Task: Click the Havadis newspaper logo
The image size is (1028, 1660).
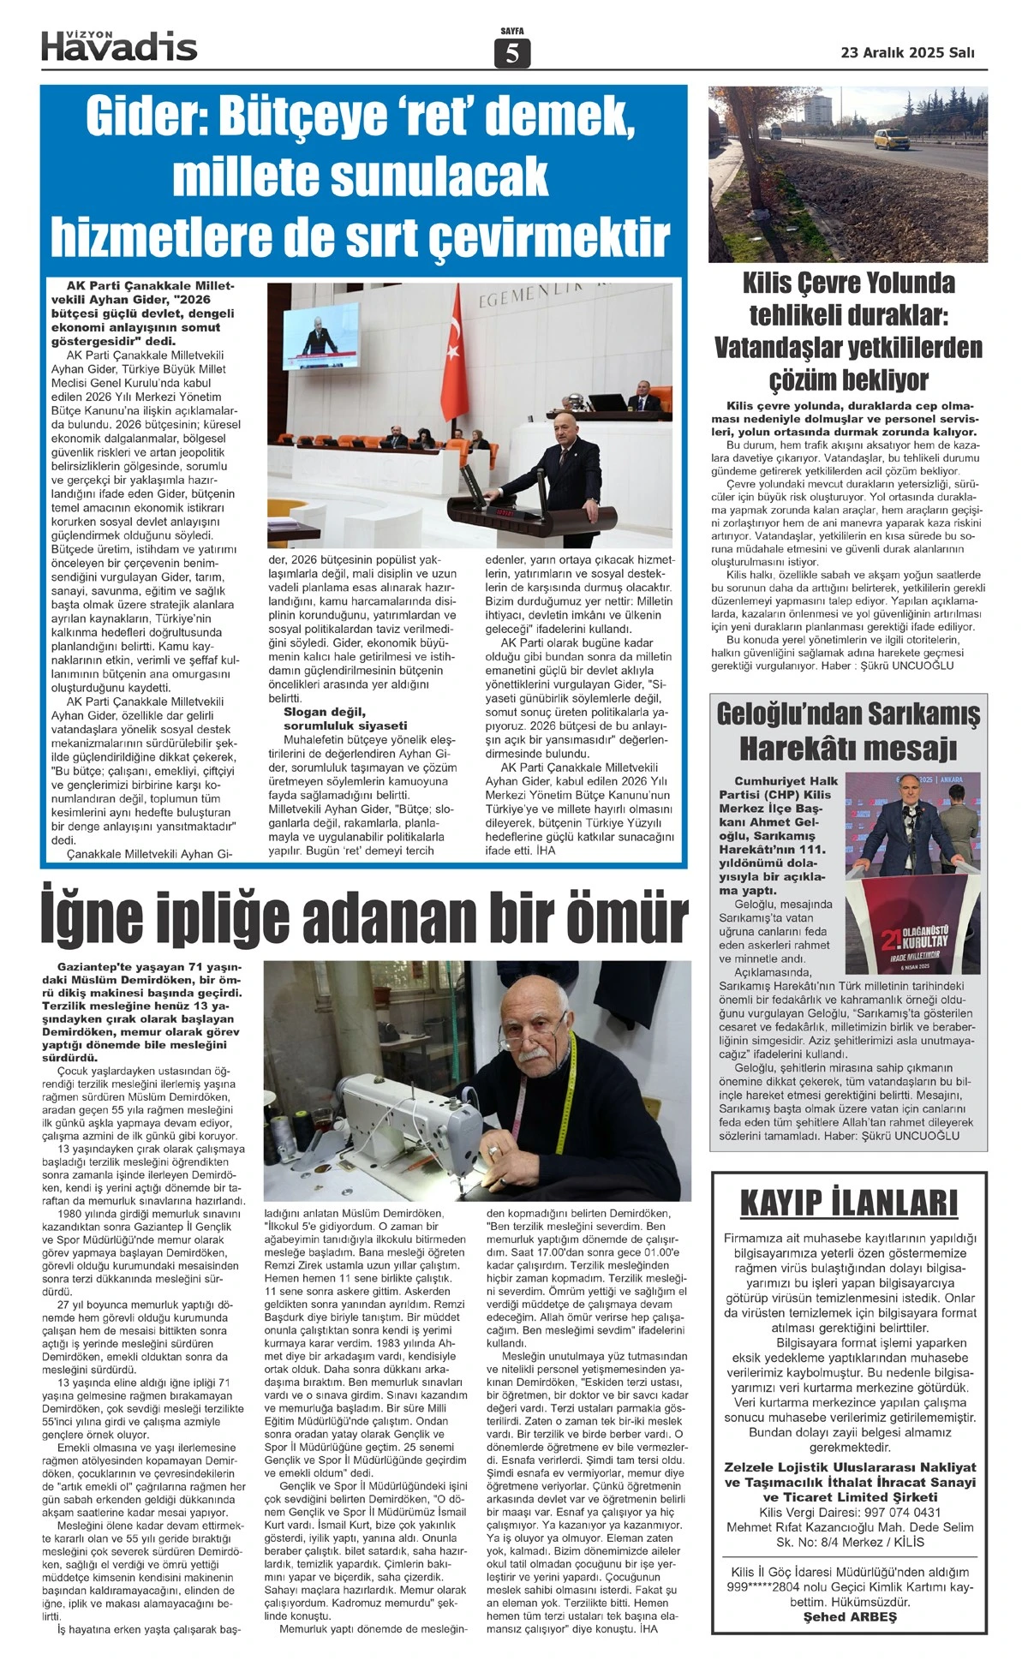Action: pos(119,45)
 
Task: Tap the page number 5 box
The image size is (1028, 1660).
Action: pos(512,53)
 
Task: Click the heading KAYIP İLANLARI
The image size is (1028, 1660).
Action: pos(848,1203)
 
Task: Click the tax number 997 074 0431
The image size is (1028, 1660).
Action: pos(894,1512)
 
